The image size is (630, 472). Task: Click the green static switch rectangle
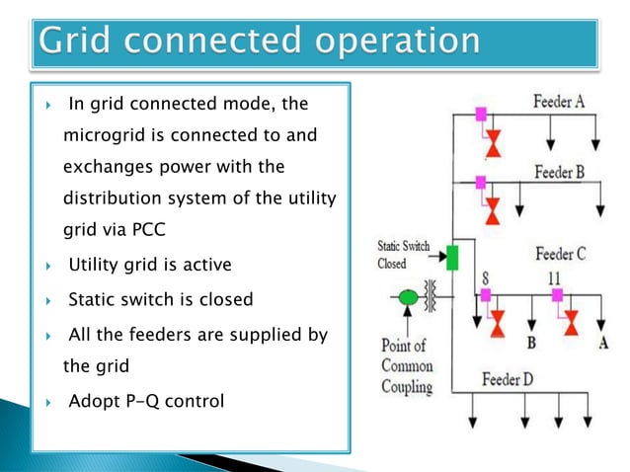(452, 258)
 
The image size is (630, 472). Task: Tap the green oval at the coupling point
(407, 295)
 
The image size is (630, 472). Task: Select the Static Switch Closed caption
(403, 255)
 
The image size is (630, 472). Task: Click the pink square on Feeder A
(481, 115)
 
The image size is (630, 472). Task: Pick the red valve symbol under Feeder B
(492, 210)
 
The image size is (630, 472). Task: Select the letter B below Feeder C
(531, 343)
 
